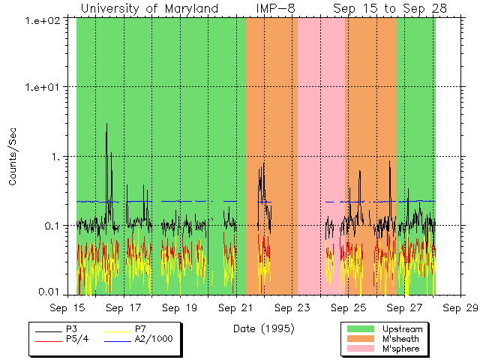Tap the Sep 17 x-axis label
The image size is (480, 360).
pyautogui.click(x=124, y=308)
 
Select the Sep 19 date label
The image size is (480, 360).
pyautogui.click(x=180, y=308)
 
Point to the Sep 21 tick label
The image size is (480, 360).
pyautogui.click(x=235, y=308)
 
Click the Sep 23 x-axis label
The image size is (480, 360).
pyautogui.click(x=292, y=308)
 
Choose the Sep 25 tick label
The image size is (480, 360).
pyautogui.click(x=348, y=308)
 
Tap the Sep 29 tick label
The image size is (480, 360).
pyautogui.click(x=460, y=308)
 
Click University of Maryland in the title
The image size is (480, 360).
pyautogui.click(x=149, y=8)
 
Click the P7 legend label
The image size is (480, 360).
pyautogui.click(x=140, y=328)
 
